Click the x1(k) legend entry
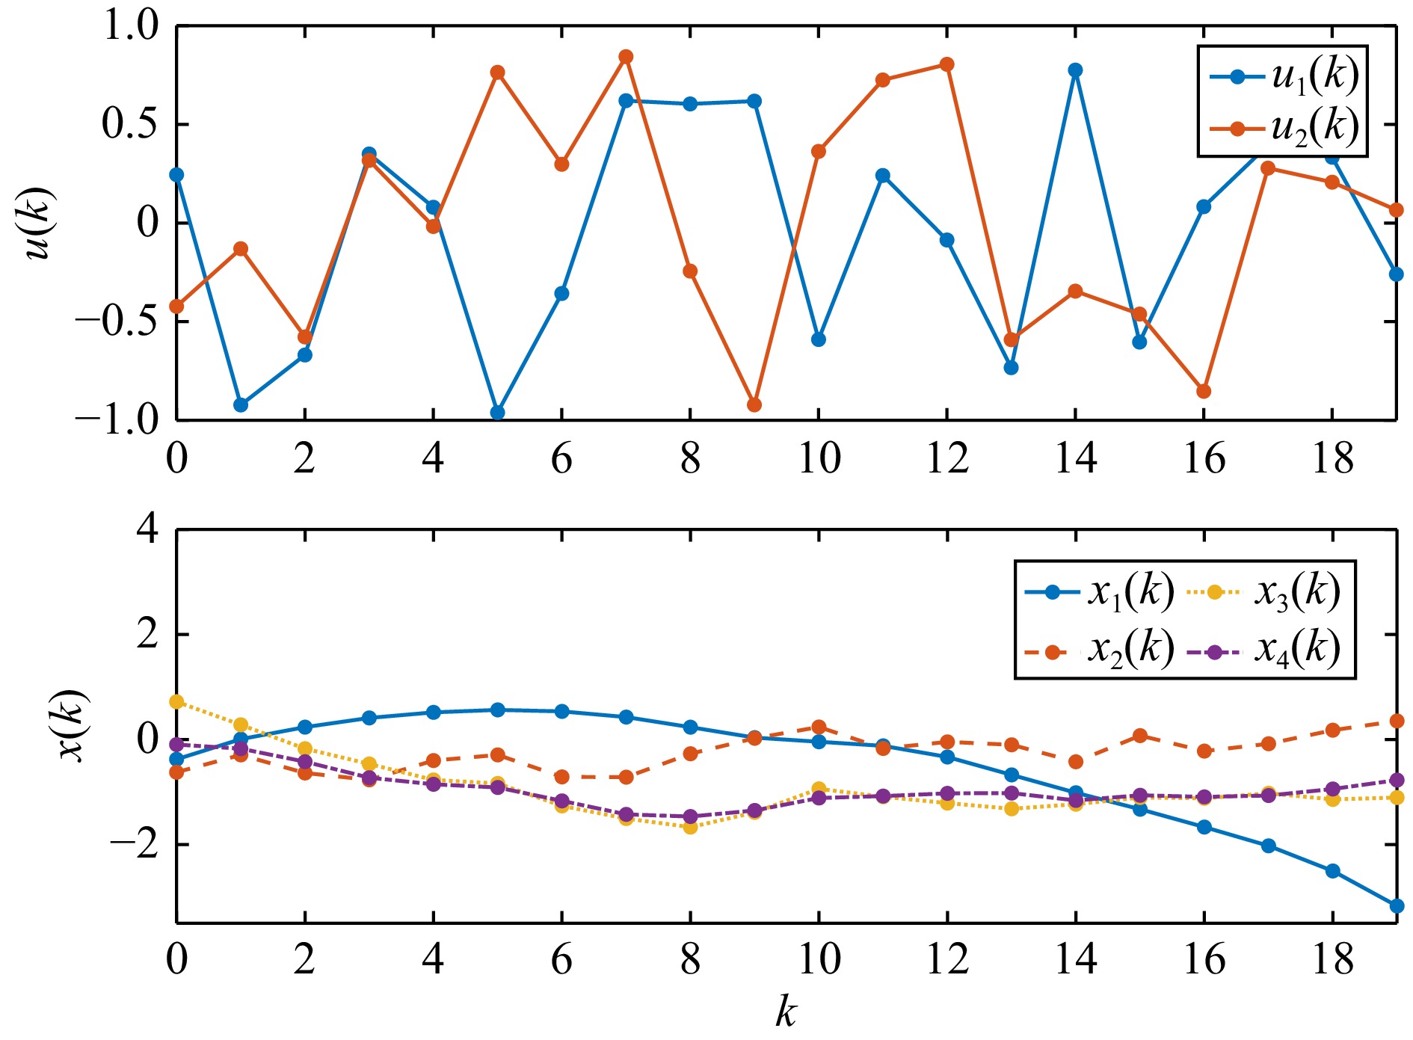tap(1099, 592)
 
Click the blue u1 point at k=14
tap(1075, 70)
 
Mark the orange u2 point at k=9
tap(754, 405)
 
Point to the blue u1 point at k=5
tap(498, 413)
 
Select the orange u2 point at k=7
tap(627, 57)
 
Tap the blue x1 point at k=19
tap(1397, 906)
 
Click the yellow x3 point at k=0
tap(176, 701)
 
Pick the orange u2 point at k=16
tap(1204, 391)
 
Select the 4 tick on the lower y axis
tap(147, 530)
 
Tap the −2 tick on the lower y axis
tap(135, 844)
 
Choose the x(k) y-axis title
tap(73, 725)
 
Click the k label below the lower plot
tap(785, 1012)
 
